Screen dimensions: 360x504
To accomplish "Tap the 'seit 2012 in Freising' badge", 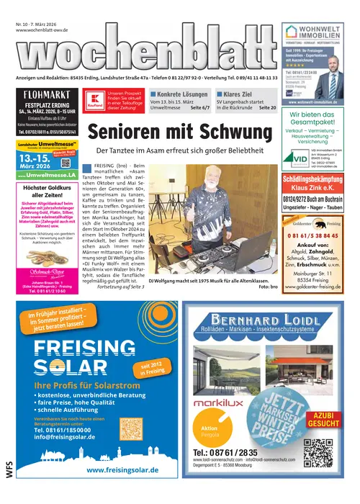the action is [x=153, y=371].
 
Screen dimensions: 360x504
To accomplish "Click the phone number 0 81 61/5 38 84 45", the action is [x=315, y=215].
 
